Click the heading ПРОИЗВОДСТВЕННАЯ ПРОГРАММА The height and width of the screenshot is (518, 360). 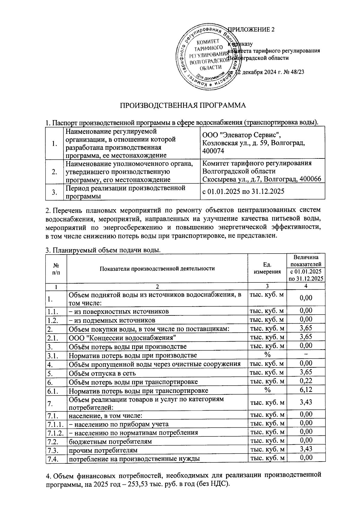point(183,105)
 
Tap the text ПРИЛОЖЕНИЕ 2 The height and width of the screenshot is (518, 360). point(251,29)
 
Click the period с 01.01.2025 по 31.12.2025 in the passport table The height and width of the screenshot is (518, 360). point(243,191)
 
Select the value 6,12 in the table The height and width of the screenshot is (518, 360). point(306,390)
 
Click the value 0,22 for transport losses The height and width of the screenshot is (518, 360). point(306,381)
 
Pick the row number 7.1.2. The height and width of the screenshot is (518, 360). point(55,433)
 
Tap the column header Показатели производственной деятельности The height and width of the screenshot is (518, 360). point(157,268)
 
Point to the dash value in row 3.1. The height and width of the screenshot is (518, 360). point(306,355)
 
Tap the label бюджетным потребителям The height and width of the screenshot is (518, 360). point(110,441)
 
